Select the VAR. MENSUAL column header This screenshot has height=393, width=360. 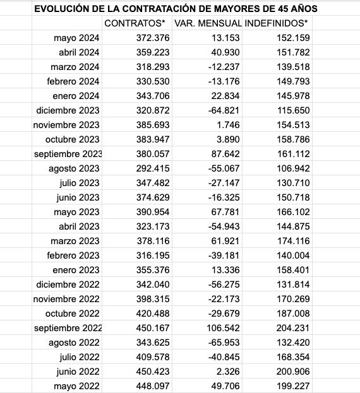(206, 23)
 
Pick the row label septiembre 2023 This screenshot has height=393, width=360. (68, 154)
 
